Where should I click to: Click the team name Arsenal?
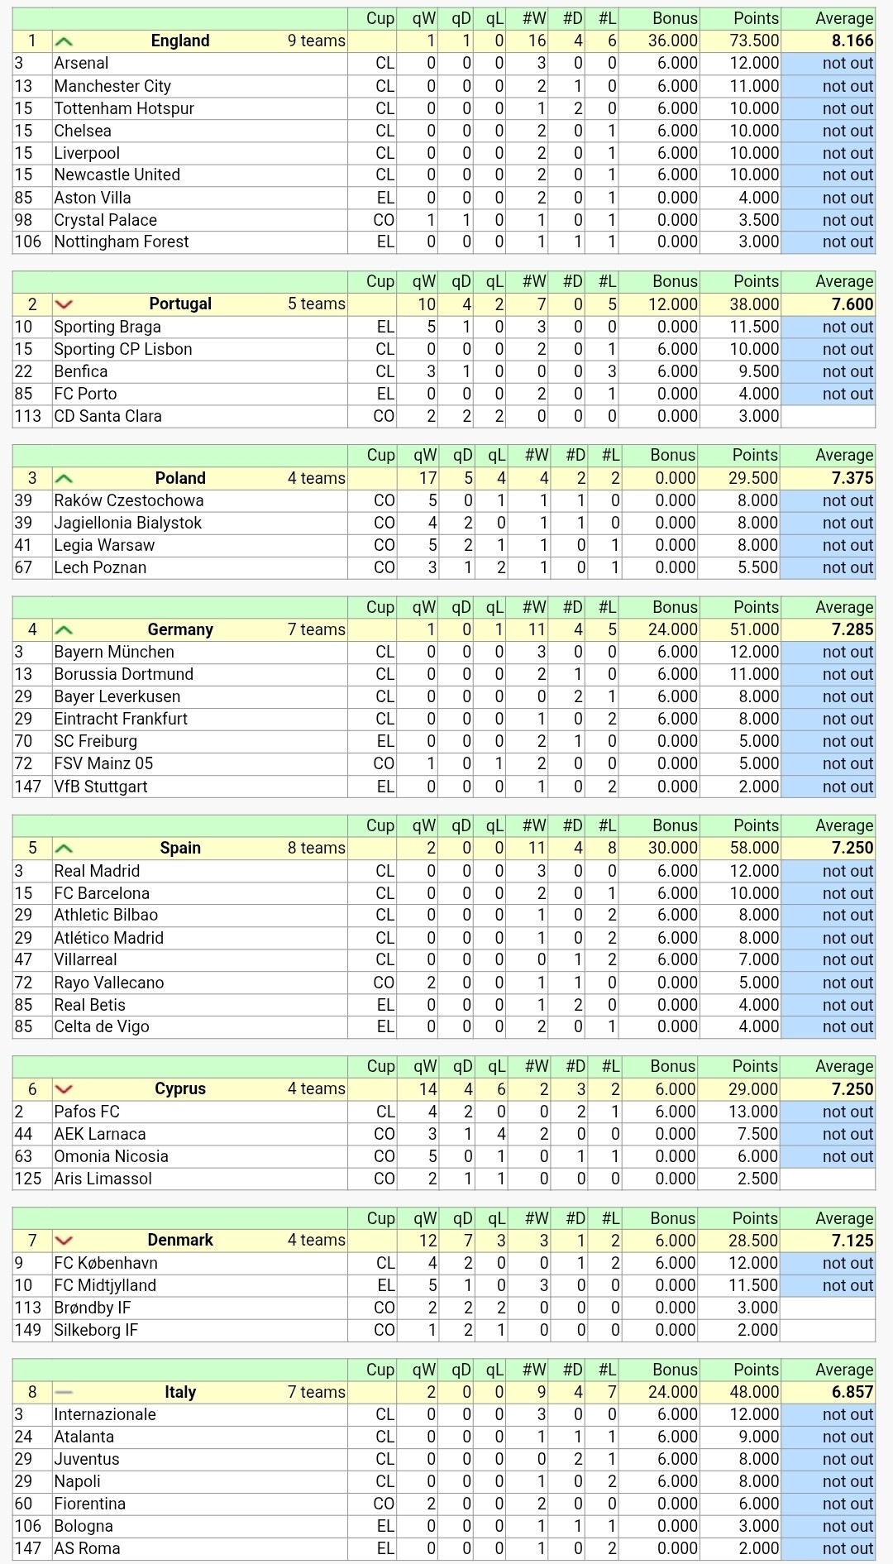click(x=81, y=63)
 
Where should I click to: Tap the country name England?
click(x=180, y=41)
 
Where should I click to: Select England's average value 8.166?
click(x=852, y=41)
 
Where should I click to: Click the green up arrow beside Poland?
click(x=64, y=479)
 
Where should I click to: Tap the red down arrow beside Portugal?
click(x=64, y=304)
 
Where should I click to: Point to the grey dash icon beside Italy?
click(x=64, y=1393)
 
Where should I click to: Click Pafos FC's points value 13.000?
click(x=753, y=1112)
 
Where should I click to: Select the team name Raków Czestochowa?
click(x=128, y=500)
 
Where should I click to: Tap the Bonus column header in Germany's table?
click(x=675, y=607)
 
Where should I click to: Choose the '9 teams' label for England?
click(x=316, y=41)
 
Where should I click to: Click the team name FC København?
click(x=106, y=1263)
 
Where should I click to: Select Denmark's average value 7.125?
click(x=852, y=1241)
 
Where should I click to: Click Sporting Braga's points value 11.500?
click(x=753, y=327)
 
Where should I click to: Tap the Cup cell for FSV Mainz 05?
click(x=384, y=763)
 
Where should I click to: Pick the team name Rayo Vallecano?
click(x=109, y=983)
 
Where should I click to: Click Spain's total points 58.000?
click(x=753, y=848)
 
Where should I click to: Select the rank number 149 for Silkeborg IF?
click(x=27, y=1330)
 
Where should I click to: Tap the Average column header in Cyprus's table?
click(x=843, y=1066)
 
